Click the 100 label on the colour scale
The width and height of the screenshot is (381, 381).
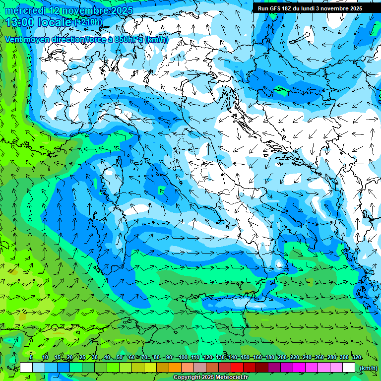click(x=183, y=357)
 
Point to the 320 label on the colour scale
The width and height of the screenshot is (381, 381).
click(x=356, y=357)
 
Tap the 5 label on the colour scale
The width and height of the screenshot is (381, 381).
click(x=31, y=357)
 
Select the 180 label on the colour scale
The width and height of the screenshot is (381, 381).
click(x=270, y=357)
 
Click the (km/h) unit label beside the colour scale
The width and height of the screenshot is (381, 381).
click(x=368, y=368)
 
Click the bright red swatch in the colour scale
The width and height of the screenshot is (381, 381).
click(x=238, y=368)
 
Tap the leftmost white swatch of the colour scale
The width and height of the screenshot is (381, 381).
click(x=26, y=368)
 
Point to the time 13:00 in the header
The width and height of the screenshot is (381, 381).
click(x=19, y=22)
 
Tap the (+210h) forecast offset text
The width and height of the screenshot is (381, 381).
click(x=88, y=22)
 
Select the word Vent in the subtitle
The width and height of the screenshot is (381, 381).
click(x=13, y=39)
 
